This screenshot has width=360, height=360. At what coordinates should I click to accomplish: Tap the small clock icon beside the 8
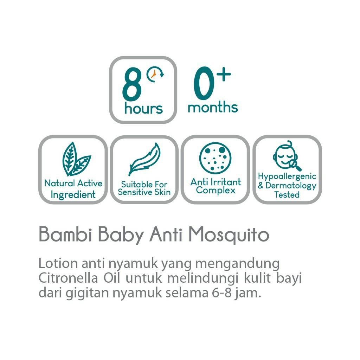pyautogui.click(x=155, y=75)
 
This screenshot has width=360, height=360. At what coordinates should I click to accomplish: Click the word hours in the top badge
pyautogui.click(x=143, y=109)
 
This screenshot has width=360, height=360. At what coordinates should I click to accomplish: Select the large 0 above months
pyautogui.click(x=204, y=85)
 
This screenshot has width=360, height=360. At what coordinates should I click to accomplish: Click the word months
pyautogui.click(x=212, y=107)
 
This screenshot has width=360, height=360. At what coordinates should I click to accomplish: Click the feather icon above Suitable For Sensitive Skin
pyautogui.click(x=145, y=159)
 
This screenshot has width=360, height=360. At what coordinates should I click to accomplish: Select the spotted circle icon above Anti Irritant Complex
pyautogui.click(x=215, y=158)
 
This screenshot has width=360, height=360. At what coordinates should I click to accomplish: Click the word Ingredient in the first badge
pyautogui.click(x=73, y=195)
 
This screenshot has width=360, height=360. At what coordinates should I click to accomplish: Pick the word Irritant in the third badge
pyautogui.click(x=226, y=182)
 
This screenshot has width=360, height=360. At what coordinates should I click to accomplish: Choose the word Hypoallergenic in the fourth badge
pyautogui.click(x=287, y=176)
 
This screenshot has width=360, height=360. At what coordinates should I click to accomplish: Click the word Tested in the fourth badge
pyautogui.click(x=287, y=194)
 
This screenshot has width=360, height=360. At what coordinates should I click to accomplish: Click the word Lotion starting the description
pyautogui.click(x=58, y=263)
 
